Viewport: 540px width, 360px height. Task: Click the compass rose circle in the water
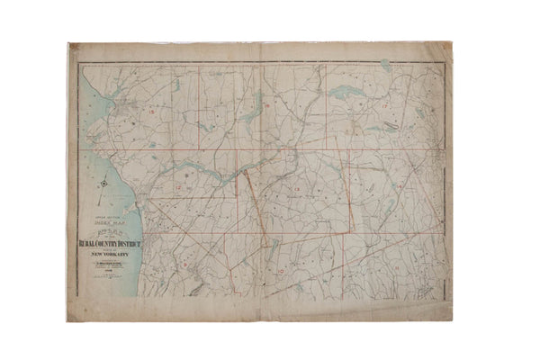click(105, 184)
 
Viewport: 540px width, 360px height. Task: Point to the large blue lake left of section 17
click(344, 92)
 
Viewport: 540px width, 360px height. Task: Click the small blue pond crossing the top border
click(386, 65)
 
